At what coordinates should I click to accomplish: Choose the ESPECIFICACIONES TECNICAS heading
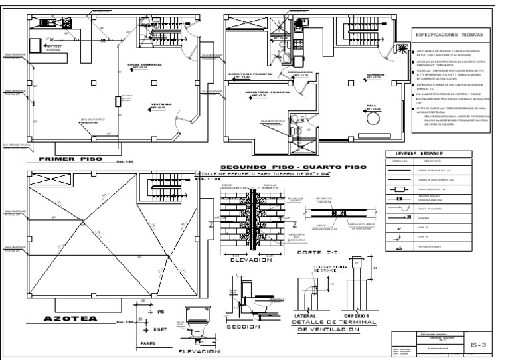(449, 33)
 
